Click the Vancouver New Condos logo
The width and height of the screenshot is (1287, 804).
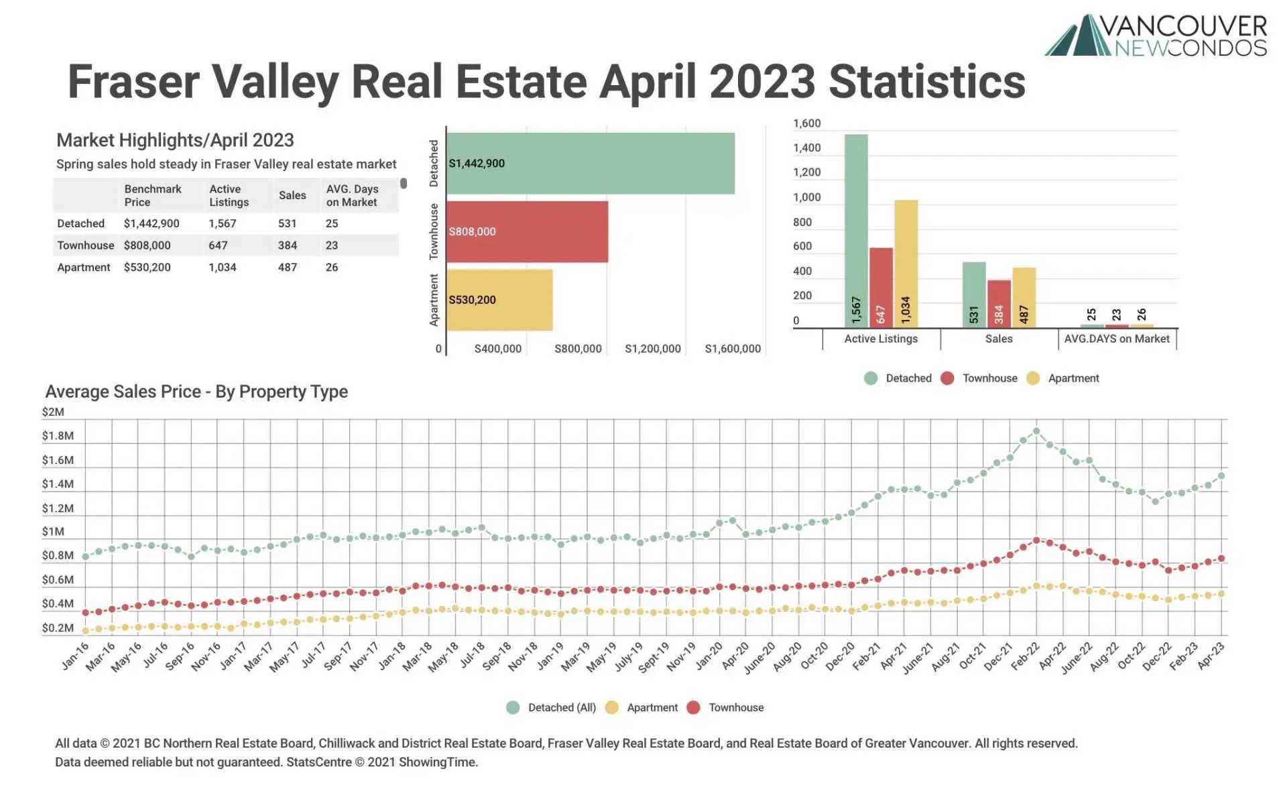click(x=1156, y=35)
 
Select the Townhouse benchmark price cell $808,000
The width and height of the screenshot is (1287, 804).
click(x=147, y=245)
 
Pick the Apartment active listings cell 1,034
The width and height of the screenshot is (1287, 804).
click(x=222, y=268)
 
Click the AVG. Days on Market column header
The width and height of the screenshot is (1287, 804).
click(x=352, y=196)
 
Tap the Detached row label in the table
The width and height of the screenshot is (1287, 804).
click(x=80, y=223)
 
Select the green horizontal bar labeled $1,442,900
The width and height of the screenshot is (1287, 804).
click(x=590, y=164)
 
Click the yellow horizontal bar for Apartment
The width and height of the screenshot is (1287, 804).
click(x=499, y=300)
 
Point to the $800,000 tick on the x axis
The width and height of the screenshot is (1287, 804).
click(x=578, y=349)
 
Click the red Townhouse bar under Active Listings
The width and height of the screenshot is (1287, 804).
click(x=881, y=287)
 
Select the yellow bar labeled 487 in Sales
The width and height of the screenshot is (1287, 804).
click(x=1024, y=297)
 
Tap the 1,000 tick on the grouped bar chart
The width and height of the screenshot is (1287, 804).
click(x=806, y=197)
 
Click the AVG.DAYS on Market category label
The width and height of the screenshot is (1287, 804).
click(x=1117, y=339)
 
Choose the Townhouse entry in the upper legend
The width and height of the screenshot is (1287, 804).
click(x=989, y=378)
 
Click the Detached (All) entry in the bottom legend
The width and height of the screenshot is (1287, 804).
click(x=561, y=707)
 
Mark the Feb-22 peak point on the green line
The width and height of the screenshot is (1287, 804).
click(x=1036, y=431)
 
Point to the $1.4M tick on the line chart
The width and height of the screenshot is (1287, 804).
click(x=58, y=484)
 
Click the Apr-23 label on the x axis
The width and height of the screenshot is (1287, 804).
click(x=1211, y=656)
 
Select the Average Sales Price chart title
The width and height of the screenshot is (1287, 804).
click(x=196, y=392)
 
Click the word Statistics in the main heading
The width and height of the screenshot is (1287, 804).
click(x=926, y=82)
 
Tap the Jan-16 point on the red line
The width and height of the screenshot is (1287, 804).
click(x=85, y=612)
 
